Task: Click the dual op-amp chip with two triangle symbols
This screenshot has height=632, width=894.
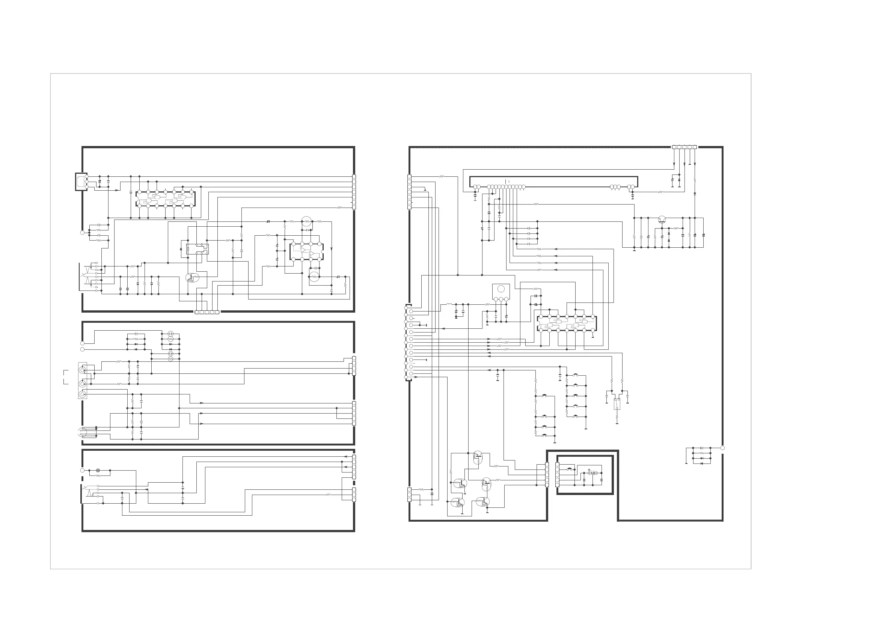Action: pyautogui.click(x=306, y=252)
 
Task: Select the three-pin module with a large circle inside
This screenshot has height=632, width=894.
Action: pyautogui.click(x=501, y=292)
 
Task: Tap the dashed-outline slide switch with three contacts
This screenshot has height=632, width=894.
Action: pyautogui.click(x=617, y=404)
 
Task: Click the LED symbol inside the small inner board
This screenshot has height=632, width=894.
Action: pyautogui.click(x=592, y=473)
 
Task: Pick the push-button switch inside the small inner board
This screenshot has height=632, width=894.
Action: pyautogui.click(x=570, y=469)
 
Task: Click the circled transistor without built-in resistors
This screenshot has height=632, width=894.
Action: pyautogui.click(x=662, y=220)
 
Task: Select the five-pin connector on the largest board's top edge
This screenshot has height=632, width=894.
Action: pyautogui.click(x=684, y=147)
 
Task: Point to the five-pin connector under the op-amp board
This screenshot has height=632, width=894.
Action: pyautogui.click(x=207, y=312)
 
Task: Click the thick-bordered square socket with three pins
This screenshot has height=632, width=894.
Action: pyautogui.click(x=81, y=182)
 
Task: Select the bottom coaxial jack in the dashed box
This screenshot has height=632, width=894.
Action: pyautogui.click(x=82, y=394)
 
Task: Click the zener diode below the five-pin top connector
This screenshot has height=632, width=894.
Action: pyautogui.click(x=679, y=180)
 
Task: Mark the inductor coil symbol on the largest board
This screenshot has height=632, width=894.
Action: pyautogui.click(x=449, y=304)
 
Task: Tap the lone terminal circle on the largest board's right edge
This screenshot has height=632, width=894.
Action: pyautogui.click(x=722, y=448)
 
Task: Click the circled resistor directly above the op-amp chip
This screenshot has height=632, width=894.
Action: pyautogui.click(x=307, y=221)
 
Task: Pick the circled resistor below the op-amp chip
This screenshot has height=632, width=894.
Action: pyautogui.click(x=314, y=277)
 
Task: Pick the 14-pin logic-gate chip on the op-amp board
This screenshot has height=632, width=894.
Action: pyautogui.click(x=166, y=199)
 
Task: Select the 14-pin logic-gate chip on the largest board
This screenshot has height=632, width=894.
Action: pyautogui.click(x=567, y=324)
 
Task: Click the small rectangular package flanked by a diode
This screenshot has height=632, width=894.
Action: pyautogui.click(x=197, y=249)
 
